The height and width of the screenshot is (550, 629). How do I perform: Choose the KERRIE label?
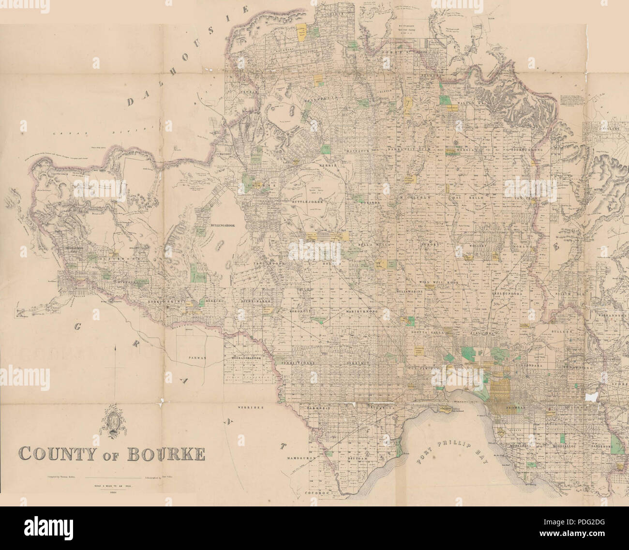(x=327, y=166)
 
